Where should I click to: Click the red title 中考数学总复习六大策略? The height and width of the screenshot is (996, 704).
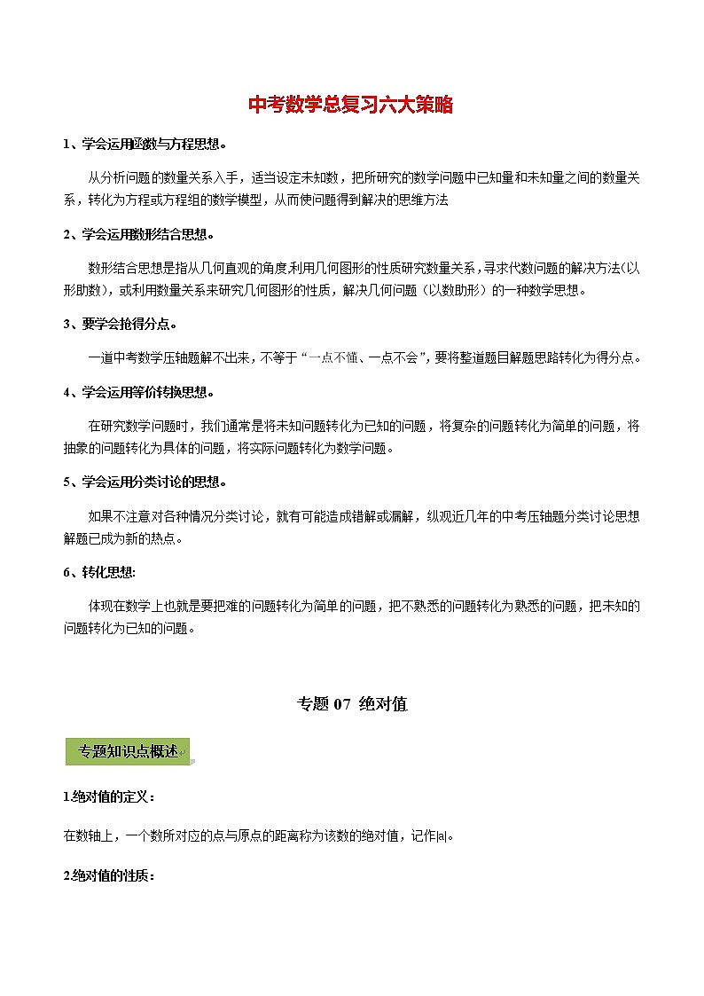(x=351, y=106)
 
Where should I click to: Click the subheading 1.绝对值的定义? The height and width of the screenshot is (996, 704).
(x=109, y=796)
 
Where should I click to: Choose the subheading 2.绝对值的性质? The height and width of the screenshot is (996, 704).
(x=109, y=875)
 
